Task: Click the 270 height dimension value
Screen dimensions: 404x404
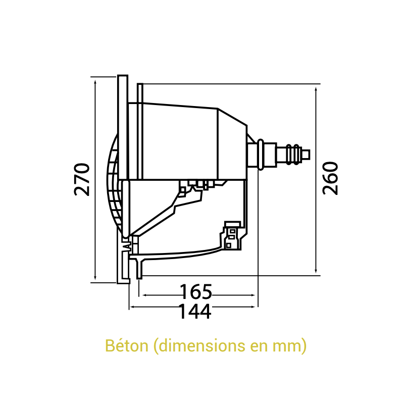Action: pos(82,179)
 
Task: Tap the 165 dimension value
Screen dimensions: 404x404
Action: pos(196,292)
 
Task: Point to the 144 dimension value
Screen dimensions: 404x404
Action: pos(194,312)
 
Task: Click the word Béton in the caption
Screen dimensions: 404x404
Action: pos(126,346)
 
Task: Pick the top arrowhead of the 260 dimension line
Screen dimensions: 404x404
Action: pos(316,87)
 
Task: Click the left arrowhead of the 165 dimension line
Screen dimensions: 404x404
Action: pos(145,295)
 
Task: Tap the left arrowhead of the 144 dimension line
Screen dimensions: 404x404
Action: pos(132,306)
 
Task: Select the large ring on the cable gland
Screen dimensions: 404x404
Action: pos(260,154)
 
